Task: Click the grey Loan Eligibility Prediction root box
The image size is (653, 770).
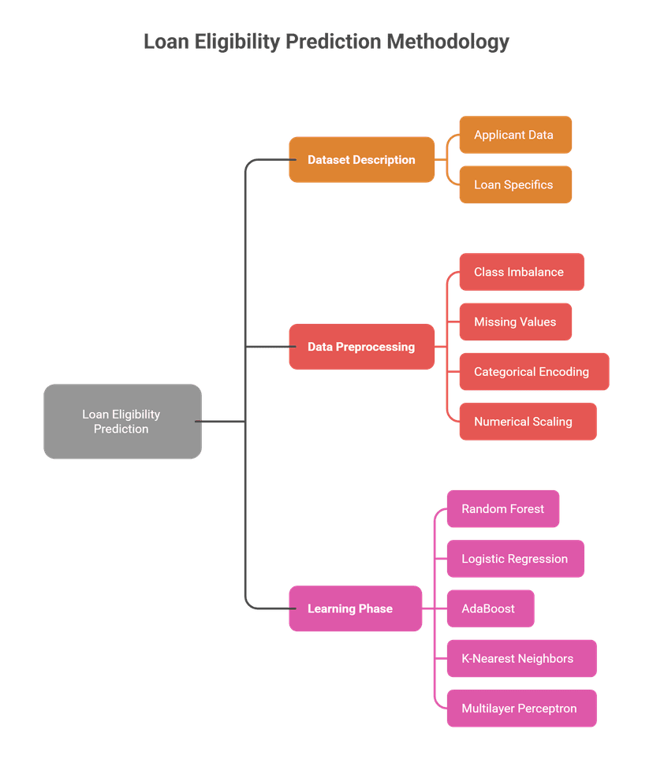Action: point(122,422)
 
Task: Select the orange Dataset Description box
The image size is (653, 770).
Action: point(361,160)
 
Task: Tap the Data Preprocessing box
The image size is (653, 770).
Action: point(361,347)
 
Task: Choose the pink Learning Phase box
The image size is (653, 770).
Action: point(355,608)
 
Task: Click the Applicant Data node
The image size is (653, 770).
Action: point(515,135)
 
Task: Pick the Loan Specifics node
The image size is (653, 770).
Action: point(515,185)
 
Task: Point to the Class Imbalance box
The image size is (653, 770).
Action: point(521,272)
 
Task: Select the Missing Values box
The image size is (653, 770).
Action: point(515,322)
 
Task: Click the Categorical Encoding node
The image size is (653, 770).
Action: point(533,372)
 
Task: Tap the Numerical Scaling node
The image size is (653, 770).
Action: point(527,422)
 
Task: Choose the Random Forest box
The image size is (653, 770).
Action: point(503,509)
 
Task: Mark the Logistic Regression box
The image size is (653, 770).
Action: point(515,559)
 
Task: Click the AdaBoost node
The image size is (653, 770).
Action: point(490,608)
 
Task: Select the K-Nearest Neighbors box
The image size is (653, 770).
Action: point(521,659)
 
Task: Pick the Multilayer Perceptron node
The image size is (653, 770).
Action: point(521,709)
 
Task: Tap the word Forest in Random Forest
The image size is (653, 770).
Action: point(525,509)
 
